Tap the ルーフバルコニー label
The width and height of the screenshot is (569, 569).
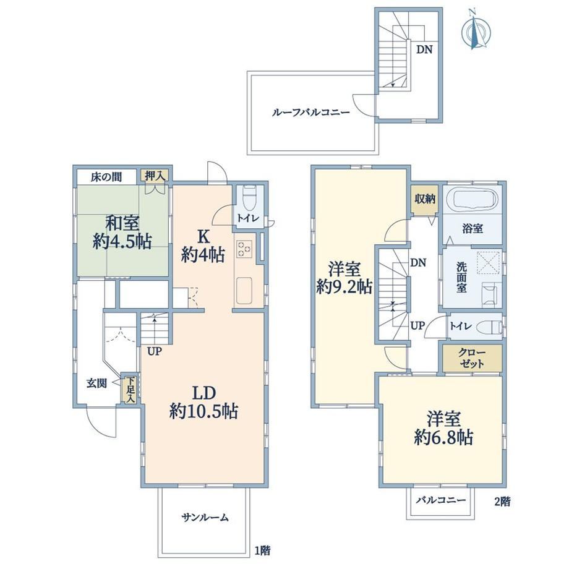[311, 112]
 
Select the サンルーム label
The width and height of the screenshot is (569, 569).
[205, 517]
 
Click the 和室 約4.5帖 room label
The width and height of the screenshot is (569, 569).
[122, 232]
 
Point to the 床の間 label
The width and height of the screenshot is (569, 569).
[106, 177]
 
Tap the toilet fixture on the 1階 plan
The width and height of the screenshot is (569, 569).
[249, 198]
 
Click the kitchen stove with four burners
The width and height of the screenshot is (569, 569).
[244, 249]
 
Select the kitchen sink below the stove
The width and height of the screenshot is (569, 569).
[244, 291]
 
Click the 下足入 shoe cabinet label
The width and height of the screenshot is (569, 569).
[130, 390]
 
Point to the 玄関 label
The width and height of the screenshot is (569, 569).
[96, 383]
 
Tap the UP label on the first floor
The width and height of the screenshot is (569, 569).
[154, 351]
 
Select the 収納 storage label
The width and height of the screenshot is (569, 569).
[425, 199]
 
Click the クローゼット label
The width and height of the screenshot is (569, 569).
[472, 358]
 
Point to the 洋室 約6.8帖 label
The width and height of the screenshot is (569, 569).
[443, 428]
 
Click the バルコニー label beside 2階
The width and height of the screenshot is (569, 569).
[441, 500]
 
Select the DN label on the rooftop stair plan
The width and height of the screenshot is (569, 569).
[424, 49]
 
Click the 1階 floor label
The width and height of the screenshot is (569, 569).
[262, 550]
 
